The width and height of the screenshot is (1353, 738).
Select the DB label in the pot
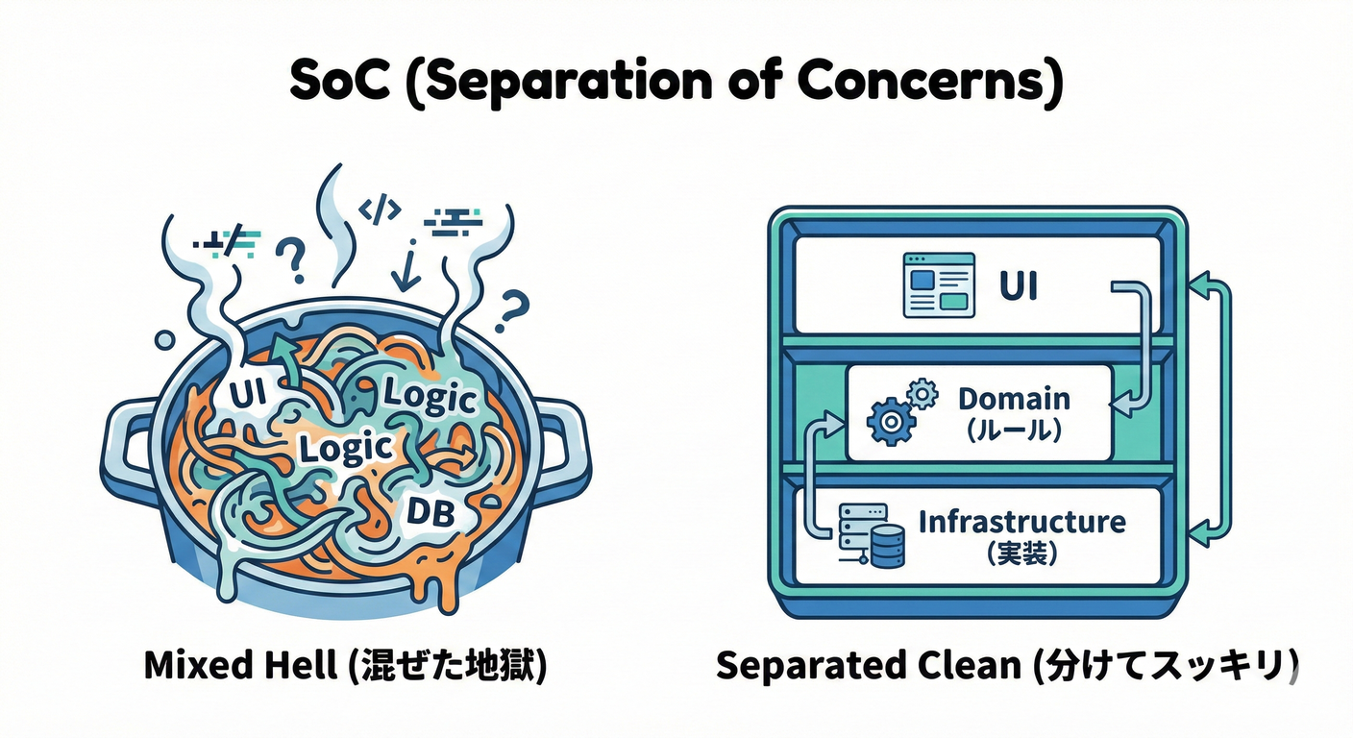[x=430, y=509]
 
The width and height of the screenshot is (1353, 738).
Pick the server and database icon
[x=872, y=536]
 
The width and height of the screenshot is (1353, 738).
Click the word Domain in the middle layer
[x=1014, y=398]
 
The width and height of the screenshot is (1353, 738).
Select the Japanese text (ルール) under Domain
[x=1013, y=431]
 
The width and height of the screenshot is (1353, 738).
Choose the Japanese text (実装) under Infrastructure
[x=1021, y=554]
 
